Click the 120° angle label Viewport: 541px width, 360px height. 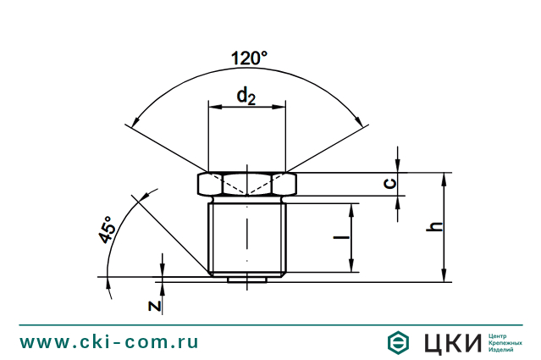(x=249, y=58)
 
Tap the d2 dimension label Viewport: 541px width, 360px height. (x=246, y=96)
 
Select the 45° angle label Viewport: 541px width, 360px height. (x=107, y=230)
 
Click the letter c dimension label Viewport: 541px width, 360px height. (x=386, y=184)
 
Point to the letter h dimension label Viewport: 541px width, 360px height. (x=433, y=227)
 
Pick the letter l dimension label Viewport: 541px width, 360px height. (x=340, y=238)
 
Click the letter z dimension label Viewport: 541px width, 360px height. (x=154, y=304)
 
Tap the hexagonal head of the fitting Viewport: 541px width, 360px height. (x=247, y=183)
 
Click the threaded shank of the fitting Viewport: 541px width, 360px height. (x=247, y=237)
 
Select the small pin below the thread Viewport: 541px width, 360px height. (x=247, y=277)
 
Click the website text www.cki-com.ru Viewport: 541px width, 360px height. (x=109, y=342)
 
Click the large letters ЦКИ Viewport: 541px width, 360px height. (x=451, y=342)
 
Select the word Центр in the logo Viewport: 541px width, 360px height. (x=500, y=335)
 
